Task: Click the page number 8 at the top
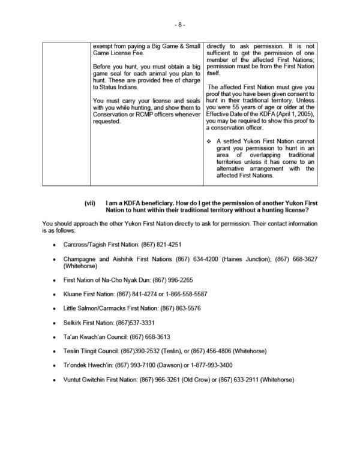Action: pyautogui.click(x=180, y=25)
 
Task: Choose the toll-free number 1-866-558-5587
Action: pyautogui.click(x=185, y=294)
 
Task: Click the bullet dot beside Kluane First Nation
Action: pyautogui.click(x=55, y=294)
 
